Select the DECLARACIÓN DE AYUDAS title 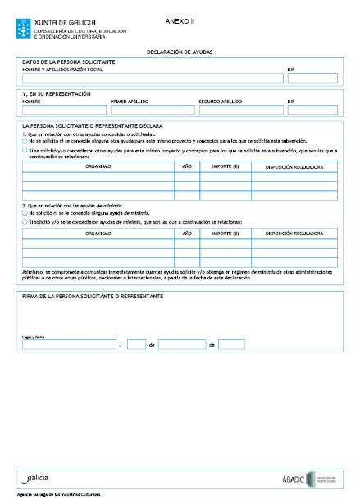click(x=179, y=52)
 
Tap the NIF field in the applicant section click(x=312, y=79)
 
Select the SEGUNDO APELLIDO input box click(x=238, y=110)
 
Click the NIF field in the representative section click(x=312, y=110)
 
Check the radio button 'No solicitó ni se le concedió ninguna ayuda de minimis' click(x=25, y=212)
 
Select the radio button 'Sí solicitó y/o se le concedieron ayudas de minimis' click(x=25, y=221)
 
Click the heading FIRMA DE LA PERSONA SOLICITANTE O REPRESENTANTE click(x=92, y=296)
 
